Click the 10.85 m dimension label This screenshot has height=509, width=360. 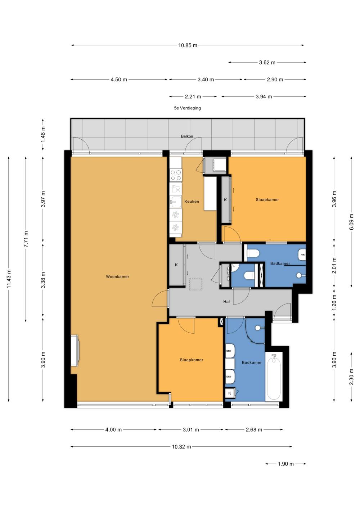[188, 45]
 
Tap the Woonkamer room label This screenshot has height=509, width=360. [117, 276]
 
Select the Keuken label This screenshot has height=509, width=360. [192, 201]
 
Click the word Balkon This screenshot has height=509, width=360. [187, 136]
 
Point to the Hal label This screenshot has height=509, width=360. [226, 302]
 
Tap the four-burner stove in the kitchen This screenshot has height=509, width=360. [176, 175]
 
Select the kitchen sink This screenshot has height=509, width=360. [176, 202]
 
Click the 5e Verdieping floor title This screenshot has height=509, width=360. [187, 108]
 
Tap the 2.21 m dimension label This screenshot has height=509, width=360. [193, 96]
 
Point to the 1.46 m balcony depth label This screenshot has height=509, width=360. [43, 135]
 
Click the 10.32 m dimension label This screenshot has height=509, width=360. [181, 447]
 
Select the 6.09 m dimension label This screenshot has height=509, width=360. [351, 221]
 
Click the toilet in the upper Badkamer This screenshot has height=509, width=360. [253, 253]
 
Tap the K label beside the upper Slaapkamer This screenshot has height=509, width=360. [225, 200]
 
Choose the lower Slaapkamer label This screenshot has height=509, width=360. [192, 360]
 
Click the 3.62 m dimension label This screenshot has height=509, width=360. [267, 63]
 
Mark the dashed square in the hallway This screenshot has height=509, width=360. [196, 284]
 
